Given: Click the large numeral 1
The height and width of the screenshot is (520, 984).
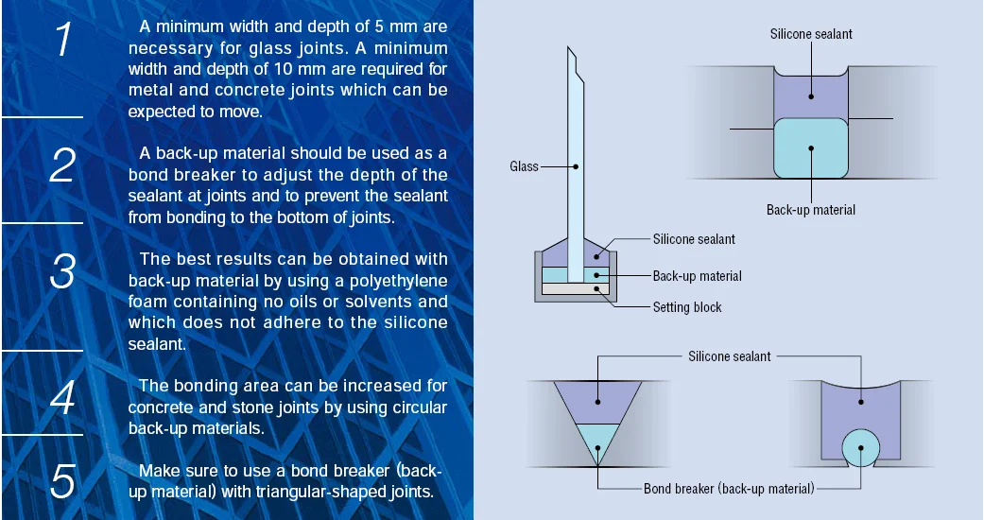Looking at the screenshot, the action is pyautogui.click(x=62, y=41).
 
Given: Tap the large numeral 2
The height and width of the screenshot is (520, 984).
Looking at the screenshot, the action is pyautogui.click(x=62, y=165).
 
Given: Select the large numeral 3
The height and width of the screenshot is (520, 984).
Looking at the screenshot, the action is pyautogui.click(x=62, y=271).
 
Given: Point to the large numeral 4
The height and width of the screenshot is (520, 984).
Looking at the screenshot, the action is pyautogui.click(x=62, y=398).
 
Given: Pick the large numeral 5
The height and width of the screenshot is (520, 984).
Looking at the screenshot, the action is pyautogui.click(x=62, y=481).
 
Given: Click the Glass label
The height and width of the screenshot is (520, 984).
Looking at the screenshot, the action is pyautogui.click(x=524, y=166).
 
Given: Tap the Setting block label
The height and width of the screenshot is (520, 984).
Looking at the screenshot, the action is pyautogui.click(x=687, y=307).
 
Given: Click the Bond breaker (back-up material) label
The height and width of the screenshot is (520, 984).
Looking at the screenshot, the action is pyautogui.click(x=729, y=489).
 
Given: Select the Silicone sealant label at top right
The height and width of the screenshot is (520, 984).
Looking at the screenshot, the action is pyautogui.click(x=812, y=34).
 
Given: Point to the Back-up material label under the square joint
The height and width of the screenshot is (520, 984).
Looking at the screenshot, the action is pyautogui.click(x=811, y=209).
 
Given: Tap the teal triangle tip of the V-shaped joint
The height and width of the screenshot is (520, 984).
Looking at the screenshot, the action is pyautogui.click(x=596, y=444).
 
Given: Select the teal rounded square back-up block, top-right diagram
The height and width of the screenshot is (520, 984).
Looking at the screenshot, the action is pyautogui.click(x=811, y=147).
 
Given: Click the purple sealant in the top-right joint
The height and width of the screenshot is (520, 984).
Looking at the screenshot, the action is pyautogui.click(x=811, y=95).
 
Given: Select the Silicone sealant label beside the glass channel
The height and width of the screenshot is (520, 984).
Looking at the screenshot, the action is pyautogui.click(x=694, y=239).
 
